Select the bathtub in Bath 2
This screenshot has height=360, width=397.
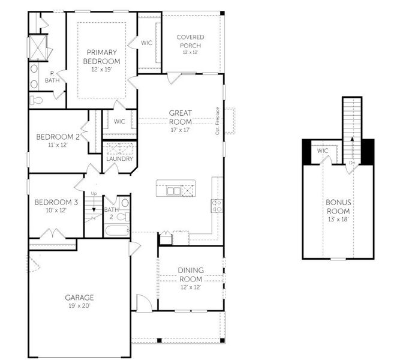116,230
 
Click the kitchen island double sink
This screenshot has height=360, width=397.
173,190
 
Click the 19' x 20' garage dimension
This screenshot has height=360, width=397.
80,305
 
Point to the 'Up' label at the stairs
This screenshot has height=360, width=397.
94,193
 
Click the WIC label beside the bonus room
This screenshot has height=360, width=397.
323,151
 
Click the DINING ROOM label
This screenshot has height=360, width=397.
191,274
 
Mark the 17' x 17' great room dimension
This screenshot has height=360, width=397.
179,129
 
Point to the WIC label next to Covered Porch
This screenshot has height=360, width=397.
146,43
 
